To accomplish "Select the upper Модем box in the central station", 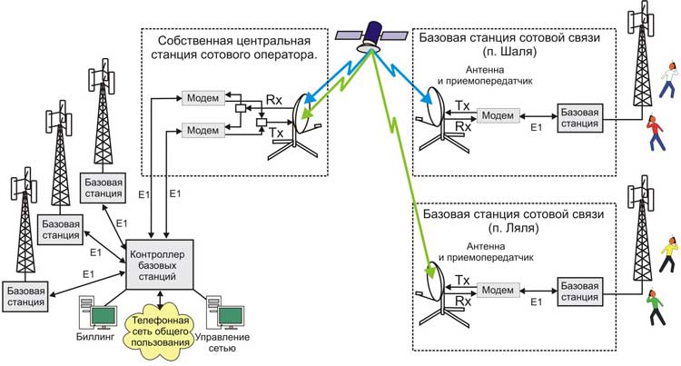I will (x=196, y=97).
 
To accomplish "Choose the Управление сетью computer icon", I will (x=226, y=312).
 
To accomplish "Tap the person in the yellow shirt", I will (x=666, y=246).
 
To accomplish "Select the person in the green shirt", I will (x=656, y=299).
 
